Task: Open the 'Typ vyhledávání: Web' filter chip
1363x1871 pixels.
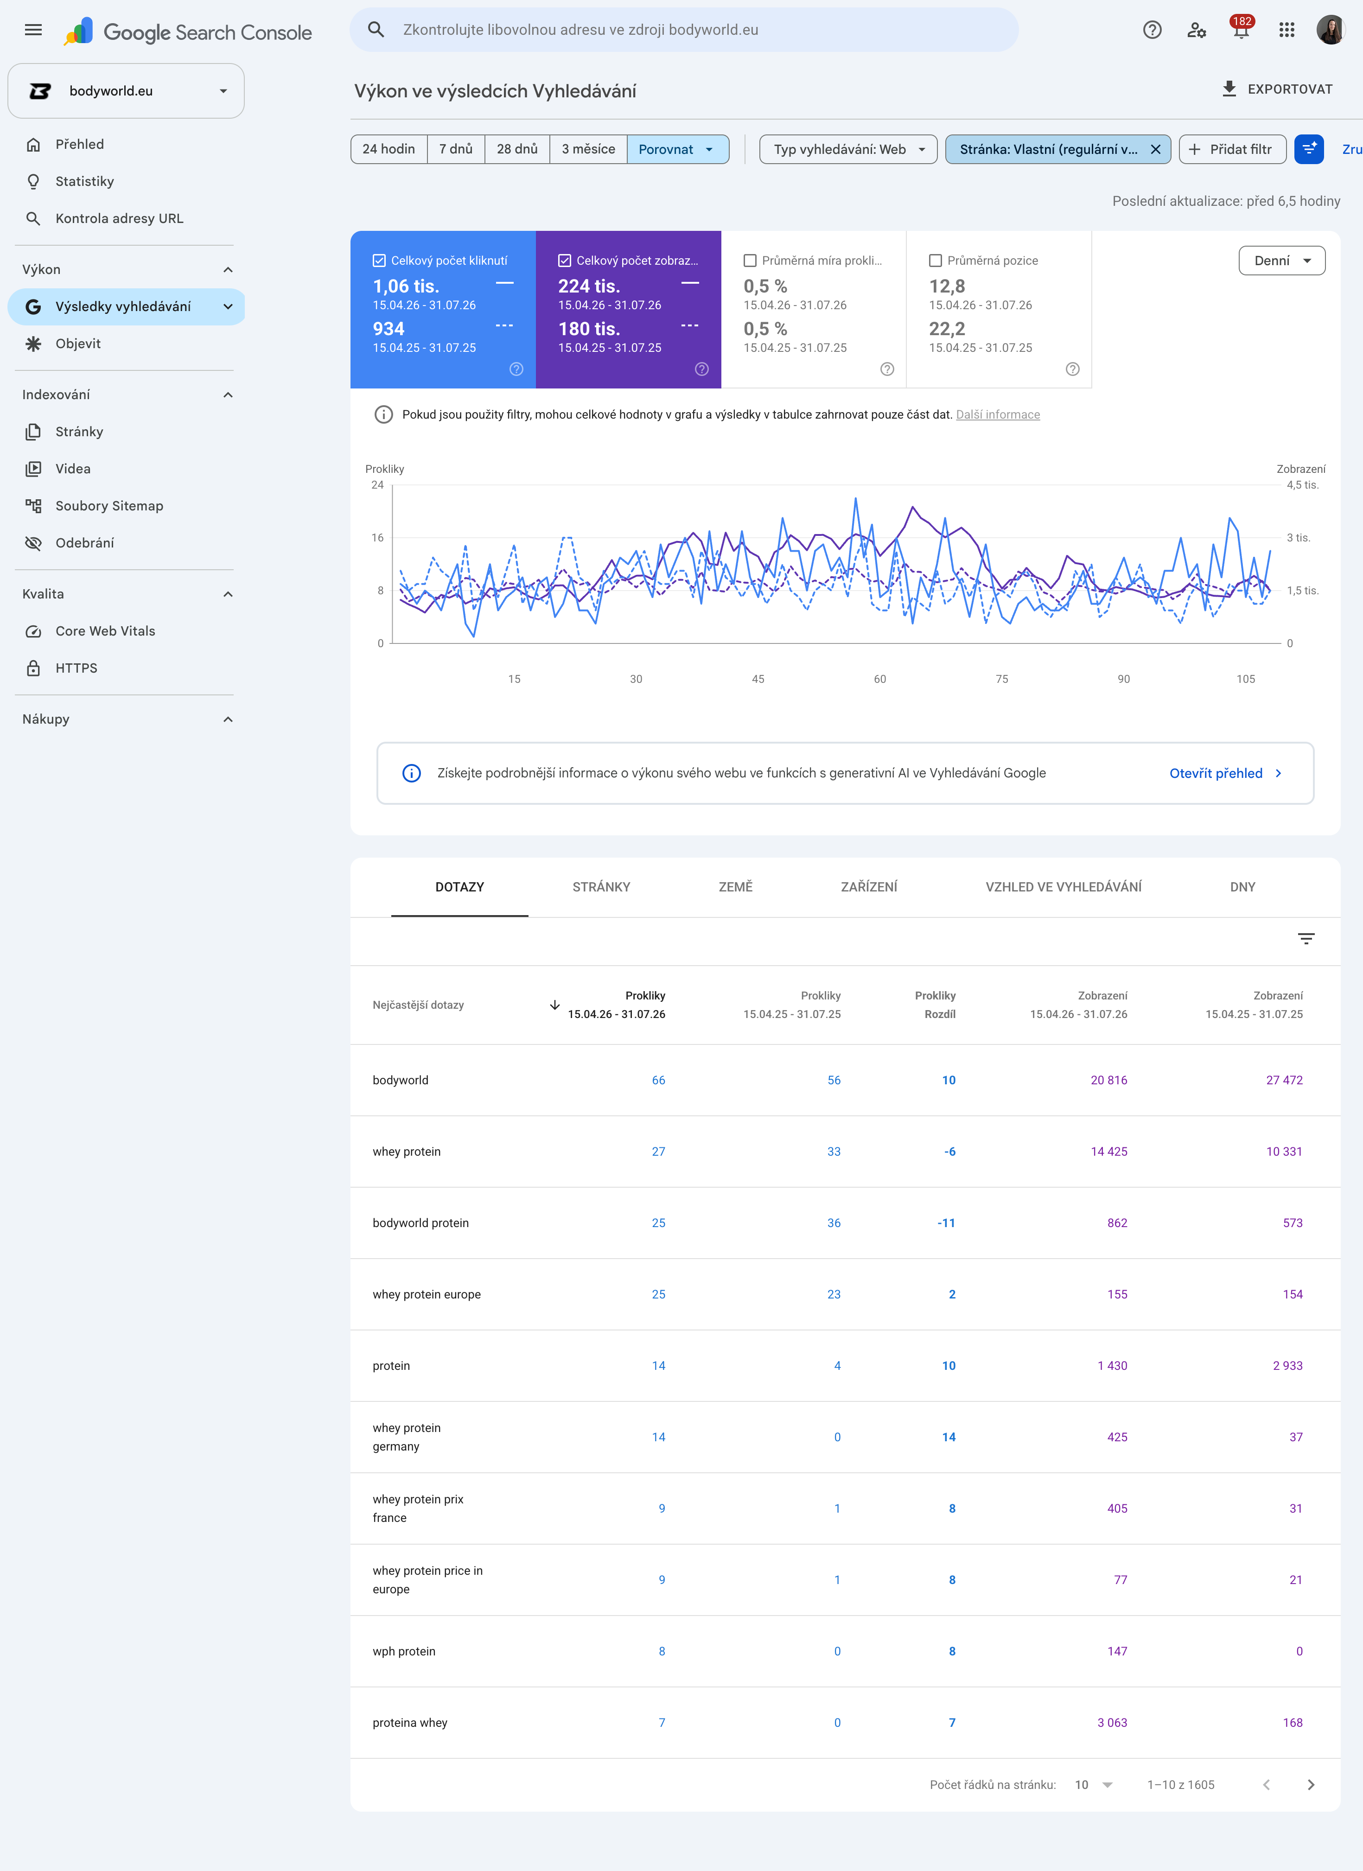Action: pyautogui.click(x=848, y=149)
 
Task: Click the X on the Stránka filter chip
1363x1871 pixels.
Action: pyautogui.click(x=1155, y=149)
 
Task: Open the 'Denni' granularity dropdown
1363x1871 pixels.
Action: pyautogui.click(x=1281, y=261)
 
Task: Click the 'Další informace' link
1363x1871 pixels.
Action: pyautogui.click(x=998, y=415)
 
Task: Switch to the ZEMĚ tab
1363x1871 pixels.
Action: pyautogui.click(x=735, y=887)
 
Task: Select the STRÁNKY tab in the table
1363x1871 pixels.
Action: pyautogui.click(x=601, y=887)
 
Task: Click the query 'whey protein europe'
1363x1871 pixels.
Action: pyautogui.click(x=427, y=1294)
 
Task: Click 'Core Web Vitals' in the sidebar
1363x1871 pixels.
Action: pyautogui.click(x=105, y=631)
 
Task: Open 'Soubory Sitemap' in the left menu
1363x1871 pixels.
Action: pyautogui.click(x=109, y=506)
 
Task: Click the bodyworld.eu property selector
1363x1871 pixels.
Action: pyautogui.click(x=126, y=91)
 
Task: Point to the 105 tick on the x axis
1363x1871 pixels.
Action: pyautogui.click(x=1245, y=679)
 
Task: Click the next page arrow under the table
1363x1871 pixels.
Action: pyautogui.click(x=1310, y=1784)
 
